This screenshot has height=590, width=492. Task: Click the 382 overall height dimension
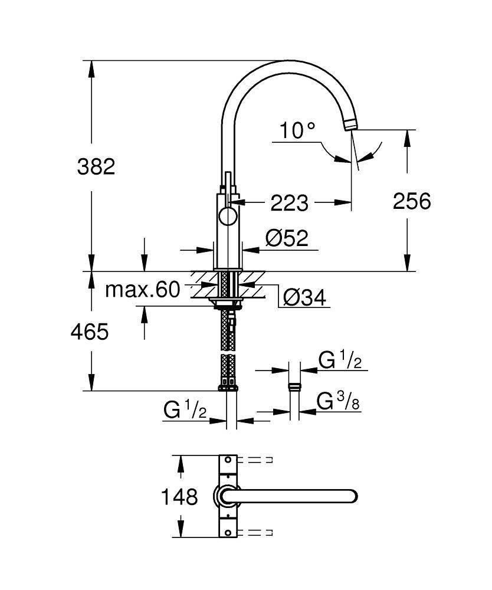pos(96,167)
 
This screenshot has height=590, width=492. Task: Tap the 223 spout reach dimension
pos(289,203)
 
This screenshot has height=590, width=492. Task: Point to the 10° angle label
pos(298,130)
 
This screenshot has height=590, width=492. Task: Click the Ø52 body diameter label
pos(287,238)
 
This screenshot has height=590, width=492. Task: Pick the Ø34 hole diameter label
pos(304,298)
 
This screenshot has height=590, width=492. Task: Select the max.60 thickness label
pos(142,290)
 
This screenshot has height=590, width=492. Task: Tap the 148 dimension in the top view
pos(180,497)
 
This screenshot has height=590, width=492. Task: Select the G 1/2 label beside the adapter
pos(340,360)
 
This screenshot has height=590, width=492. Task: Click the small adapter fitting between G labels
pos(294,388)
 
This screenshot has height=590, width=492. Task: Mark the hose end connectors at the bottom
pos(228,387)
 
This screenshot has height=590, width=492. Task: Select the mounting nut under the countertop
pos(227,304)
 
